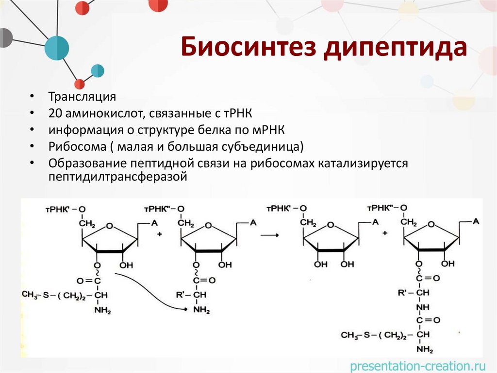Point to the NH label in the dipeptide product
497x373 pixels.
(422, 306)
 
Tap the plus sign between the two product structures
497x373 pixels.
(384, 233)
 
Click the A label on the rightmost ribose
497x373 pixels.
(476, 222)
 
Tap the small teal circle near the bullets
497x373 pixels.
(98, 71)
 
